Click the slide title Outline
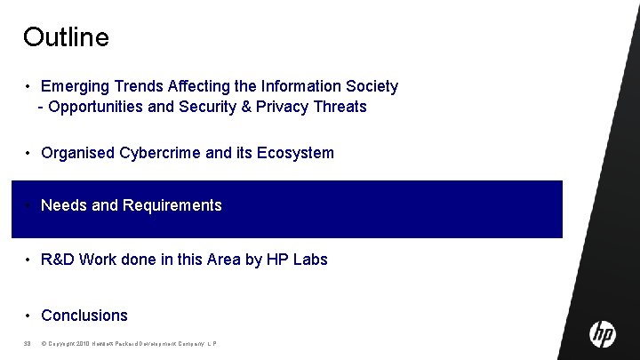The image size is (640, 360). pos(66,37)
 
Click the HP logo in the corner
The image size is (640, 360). pos(603,334)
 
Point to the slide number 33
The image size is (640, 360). pos(28,344)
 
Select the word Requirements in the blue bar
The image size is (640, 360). pos(172,205)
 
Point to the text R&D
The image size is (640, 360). pos(58,260)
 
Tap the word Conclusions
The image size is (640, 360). pos(84,316)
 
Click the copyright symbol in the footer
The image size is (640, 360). pos(44,344)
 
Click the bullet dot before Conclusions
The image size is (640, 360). pos(29,316)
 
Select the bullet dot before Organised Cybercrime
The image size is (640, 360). pos(29,153)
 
